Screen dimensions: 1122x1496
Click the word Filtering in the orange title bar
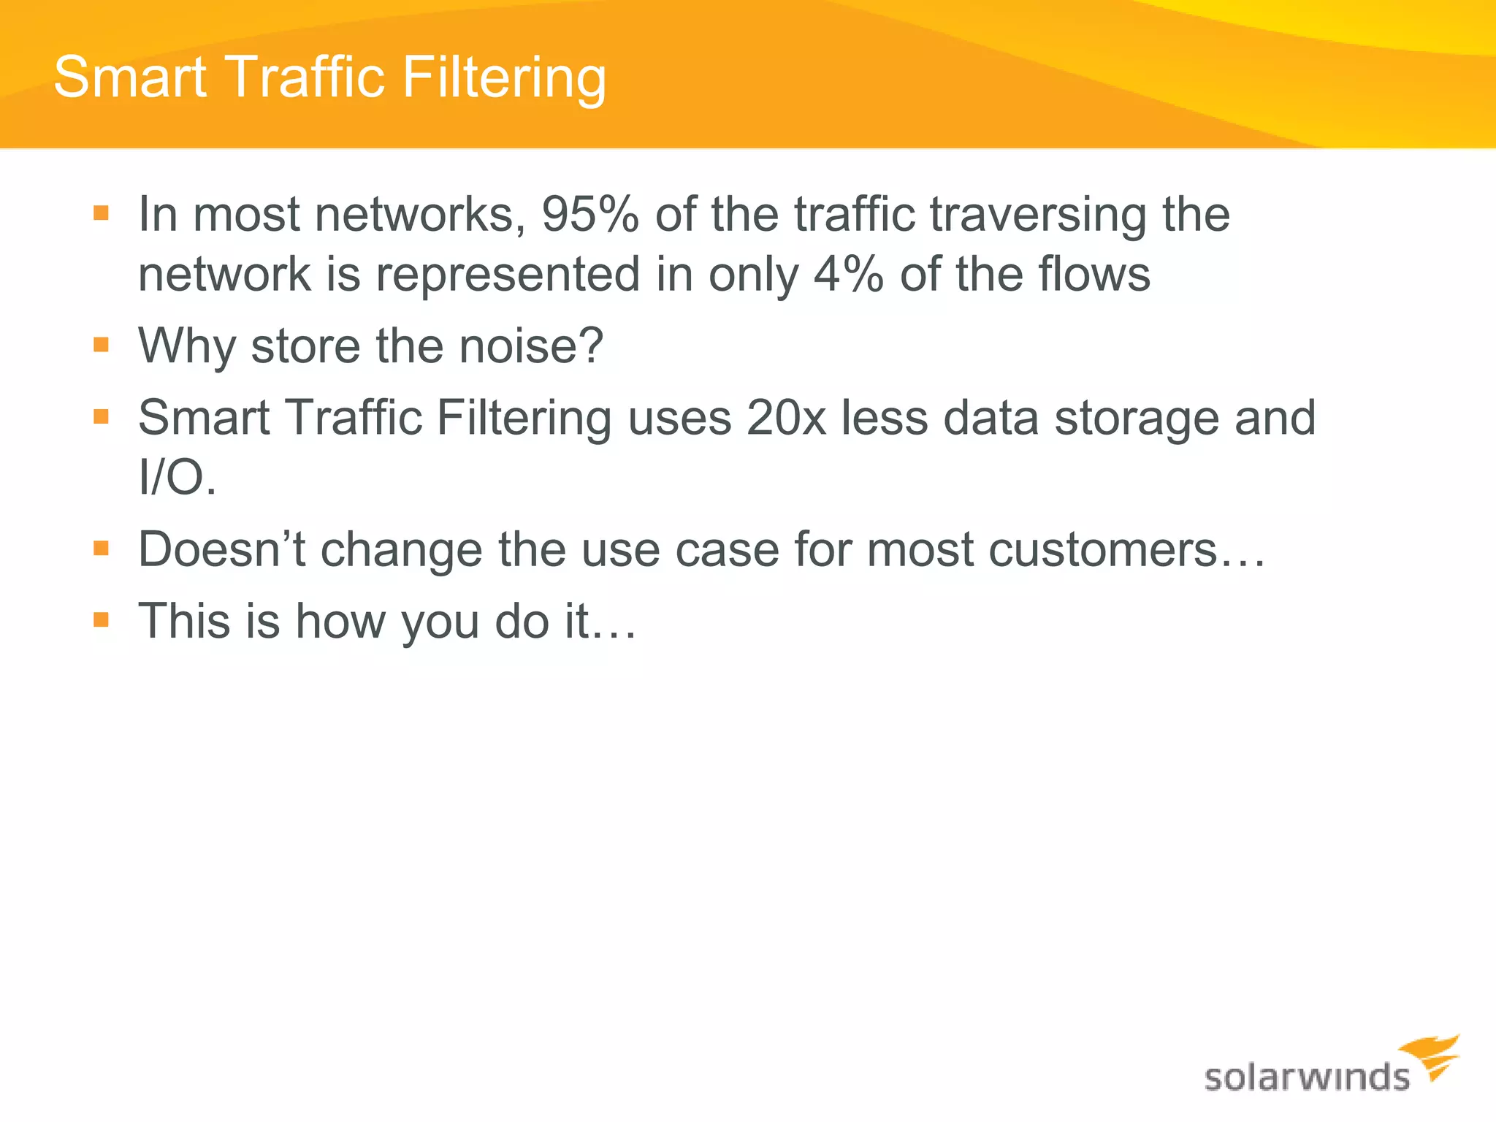504,78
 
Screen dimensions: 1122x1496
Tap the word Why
187,347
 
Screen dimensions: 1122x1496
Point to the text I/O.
178,478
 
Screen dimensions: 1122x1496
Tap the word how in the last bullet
340,622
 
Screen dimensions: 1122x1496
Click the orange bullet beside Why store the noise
102,345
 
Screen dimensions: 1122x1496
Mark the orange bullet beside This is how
102,620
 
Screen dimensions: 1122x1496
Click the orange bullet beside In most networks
102,213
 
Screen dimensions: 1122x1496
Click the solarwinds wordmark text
1307,1078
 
